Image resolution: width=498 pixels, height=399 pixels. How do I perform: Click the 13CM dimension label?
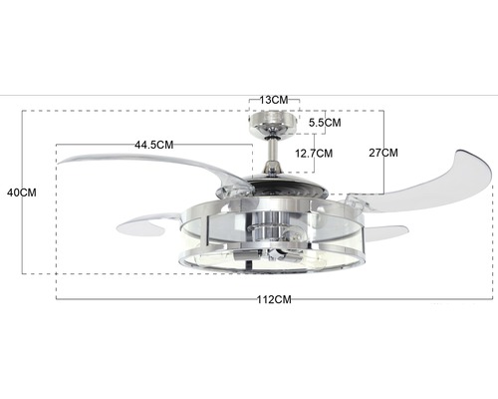coord(274,100)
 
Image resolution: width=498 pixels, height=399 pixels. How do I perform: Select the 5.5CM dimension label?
coord(325,123)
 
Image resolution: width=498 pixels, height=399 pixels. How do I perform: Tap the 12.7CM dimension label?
coord(314,154)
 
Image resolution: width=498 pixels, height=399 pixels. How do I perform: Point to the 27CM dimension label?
coord(383,153)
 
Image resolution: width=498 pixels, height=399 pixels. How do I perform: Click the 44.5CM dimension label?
coord(154,145)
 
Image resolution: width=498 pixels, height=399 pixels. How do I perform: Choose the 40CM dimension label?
coord(22,193)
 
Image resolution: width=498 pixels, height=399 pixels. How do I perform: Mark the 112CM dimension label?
coord(274,299)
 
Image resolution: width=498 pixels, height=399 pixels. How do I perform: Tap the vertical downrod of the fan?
coord(273,149)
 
